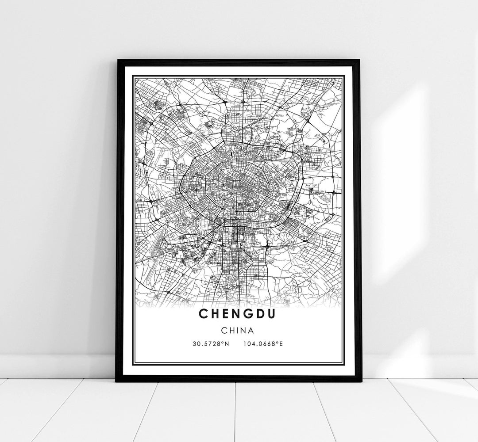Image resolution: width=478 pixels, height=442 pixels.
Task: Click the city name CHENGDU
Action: (x=238, y=313)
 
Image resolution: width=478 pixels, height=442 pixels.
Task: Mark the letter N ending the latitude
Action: (x=227, y=343)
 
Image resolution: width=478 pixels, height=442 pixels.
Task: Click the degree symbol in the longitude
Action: (x=278, y=342)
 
